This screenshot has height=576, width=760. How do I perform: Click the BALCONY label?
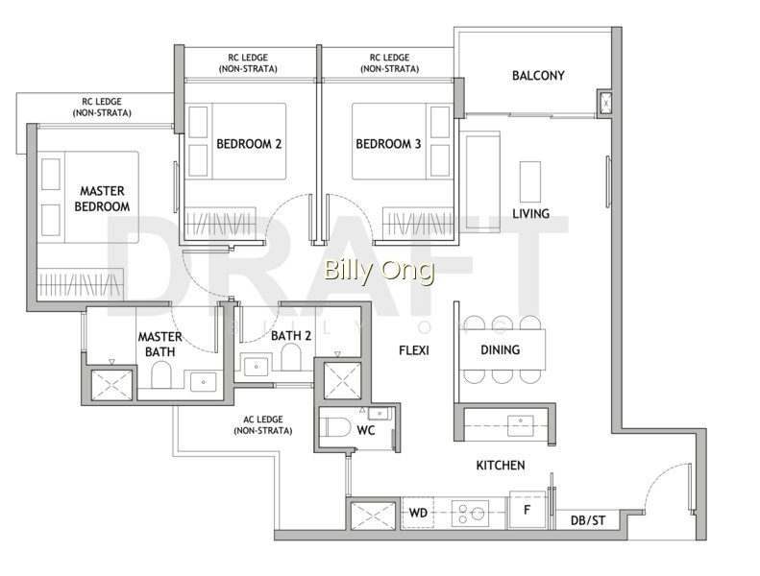(538, 76)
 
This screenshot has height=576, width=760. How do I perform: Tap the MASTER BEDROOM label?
(102, 199)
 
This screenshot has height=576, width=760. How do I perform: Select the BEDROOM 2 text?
(249, 144)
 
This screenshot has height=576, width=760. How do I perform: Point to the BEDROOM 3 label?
(388, 144)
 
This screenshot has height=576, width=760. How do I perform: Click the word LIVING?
(530, 214)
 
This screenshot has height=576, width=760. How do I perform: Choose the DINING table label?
(501, 349)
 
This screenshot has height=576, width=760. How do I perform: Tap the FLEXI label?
(414, 350)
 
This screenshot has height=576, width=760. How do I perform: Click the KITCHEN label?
(501, 466)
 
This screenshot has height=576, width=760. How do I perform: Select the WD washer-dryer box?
(418, 513)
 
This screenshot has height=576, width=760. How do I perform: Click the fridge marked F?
(527, 510)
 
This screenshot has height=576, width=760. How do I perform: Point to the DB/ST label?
(588, 520)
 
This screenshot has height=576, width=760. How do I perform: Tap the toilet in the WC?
(337, 428)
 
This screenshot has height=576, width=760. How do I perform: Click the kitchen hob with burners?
(471, 513)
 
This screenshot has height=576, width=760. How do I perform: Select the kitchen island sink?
(521, 425)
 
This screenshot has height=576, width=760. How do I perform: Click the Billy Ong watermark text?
(379, 271)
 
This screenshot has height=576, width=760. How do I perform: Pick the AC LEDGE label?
(262, 425)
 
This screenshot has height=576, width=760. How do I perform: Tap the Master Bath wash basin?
(204, 382)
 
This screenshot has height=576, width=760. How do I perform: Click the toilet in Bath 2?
(291, 357)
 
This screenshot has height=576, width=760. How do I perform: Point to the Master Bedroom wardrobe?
(81, 284)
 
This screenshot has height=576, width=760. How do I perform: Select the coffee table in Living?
(530, 181)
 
